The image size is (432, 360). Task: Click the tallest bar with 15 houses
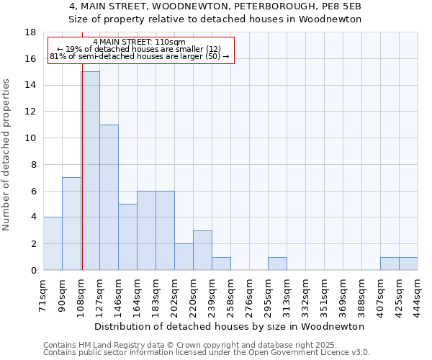coord(91,171)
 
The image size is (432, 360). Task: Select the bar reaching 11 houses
coord(109,197)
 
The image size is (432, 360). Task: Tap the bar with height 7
coord(71,223)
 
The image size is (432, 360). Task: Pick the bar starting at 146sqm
coord(127,237)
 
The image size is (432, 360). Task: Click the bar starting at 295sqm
coord(277,264)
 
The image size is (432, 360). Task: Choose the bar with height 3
coord(202,250)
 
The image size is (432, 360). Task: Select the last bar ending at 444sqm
coord(408,264)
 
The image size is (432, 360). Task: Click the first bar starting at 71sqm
coord(53,243)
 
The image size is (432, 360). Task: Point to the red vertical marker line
coord(82,180)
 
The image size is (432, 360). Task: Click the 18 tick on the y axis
coord(30,32)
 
